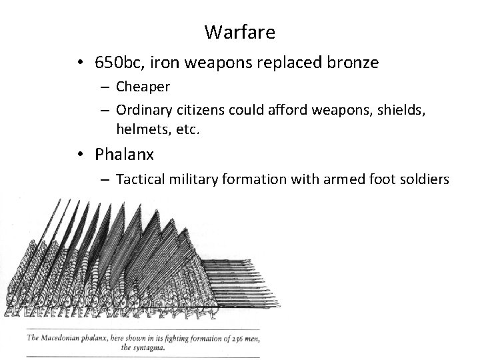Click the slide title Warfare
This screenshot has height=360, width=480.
(x=239, y=31)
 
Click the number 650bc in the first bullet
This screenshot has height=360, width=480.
(x=117, y=63)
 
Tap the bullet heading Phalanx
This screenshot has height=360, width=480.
(x=124, y=155)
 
